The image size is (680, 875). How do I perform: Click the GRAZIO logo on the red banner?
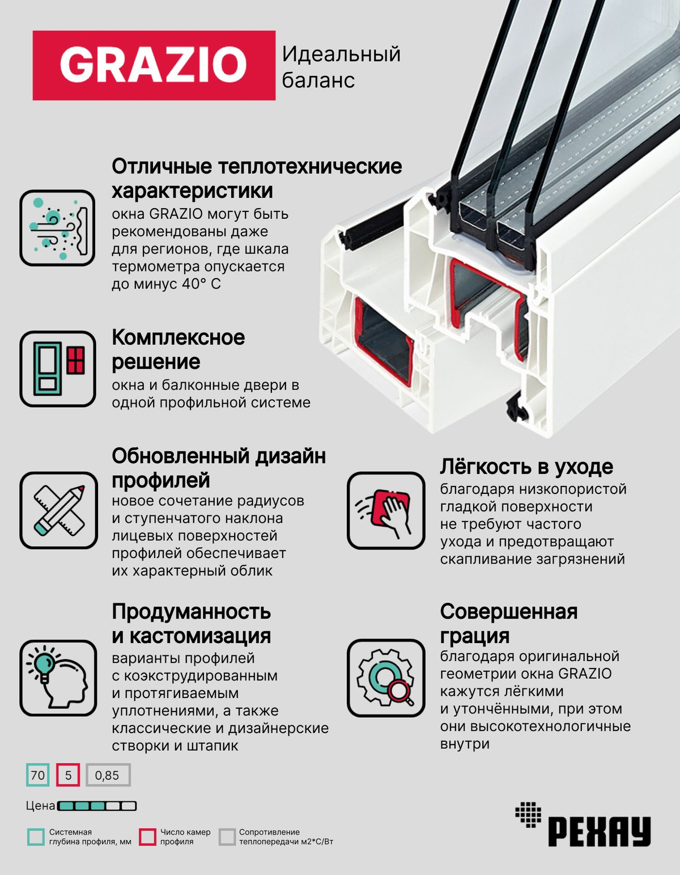[x=154, y=65]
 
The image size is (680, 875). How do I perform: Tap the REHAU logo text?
[x=598, y=831]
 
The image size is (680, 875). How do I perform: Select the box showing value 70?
[x=38, y=775]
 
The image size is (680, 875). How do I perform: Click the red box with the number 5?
[x=68, y=775]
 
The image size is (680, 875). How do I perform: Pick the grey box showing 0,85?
[x=108, y=775]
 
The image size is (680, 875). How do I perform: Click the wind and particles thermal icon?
[x=57, y=228]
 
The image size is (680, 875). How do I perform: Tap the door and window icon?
[x=57, y=369]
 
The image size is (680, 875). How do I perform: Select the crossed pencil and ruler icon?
[x=58, y=510]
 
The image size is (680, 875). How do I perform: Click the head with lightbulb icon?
[x=58, y=678]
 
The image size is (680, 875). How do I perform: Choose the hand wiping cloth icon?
[x=386, y=510]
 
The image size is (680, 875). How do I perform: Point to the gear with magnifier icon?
[x=386, y=678]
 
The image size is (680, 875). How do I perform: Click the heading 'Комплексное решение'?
[x=178, y=349]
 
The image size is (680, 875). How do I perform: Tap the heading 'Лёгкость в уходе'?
[x=526, y=467]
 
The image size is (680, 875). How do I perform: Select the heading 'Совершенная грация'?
[x=508, y=623]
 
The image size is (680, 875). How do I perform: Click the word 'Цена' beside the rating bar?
[x=40, y=806]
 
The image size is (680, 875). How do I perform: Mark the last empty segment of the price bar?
[x=129, y=806]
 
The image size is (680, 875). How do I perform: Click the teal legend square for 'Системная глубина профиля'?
[x=36, y=836]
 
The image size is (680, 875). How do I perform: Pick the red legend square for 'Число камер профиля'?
[x=148, y=836]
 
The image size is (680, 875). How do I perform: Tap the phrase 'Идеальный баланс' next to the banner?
[x=341, y=67]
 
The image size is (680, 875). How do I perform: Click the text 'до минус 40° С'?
[x=166, y=284]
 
